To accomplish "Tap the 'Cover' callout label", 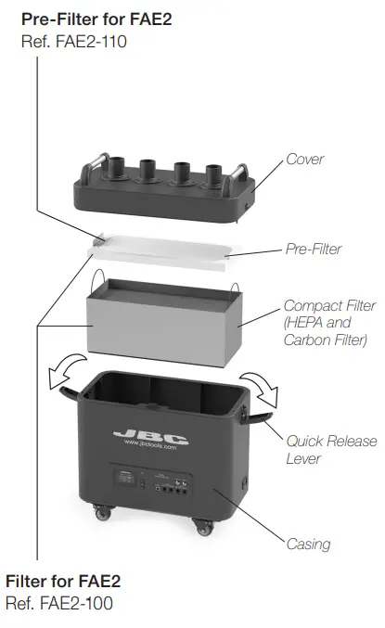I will pos(304,159).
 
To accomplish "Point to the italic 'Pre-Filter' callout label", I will pos(313,249).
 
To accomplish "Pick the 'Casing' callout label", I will pos(307,544).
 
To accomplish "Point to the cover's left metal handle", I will pos(89,173).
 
